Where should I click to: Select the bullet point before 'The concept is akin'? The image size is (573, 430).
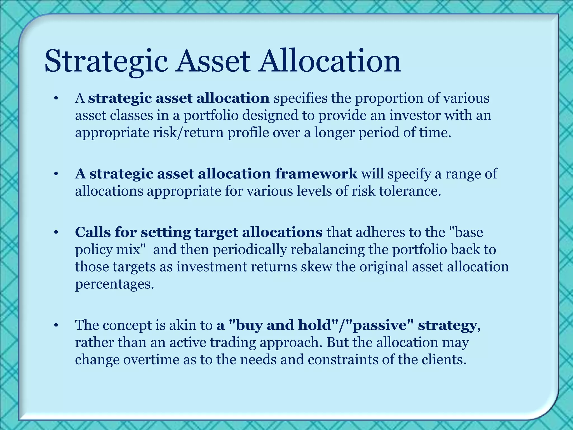click(x=56, y=325)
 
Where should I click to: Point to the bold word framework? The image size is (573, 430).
click(x=316, y=174)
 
